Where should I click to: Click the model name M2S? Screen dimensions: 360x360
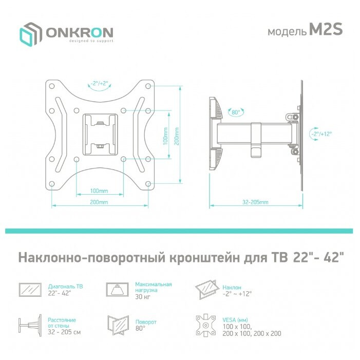point(325,31)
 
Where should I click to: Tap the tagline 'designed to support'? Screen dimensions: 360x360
point(80,42)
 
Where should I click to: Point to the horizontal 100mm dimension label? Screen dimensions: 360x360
point(99,191)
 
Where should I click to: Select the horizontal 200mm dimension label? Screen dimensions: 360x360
point(99,202)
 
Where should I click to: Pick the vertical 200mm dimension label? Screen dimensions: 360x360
point(176,136)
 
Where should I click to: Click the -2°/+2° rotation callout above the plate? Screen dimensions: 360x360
point(99,83)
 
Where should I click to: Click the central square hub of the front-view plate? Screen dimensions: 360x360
point(100,133)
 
